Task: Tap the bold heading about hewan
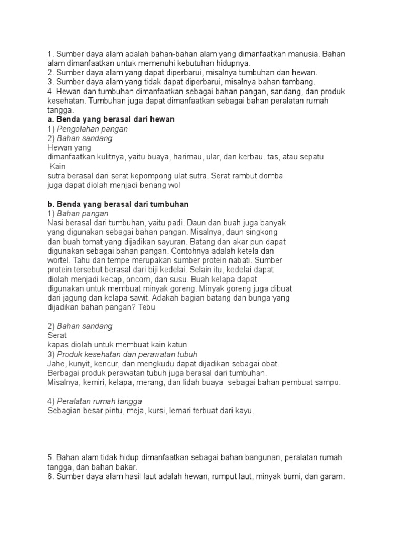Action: [x=111, y=119]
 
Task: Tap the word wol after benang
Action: [x=179, y=185]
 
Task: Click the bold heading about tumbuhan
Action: [x=118, y=204]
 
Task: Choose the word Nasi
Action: [x=55, y=223]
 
